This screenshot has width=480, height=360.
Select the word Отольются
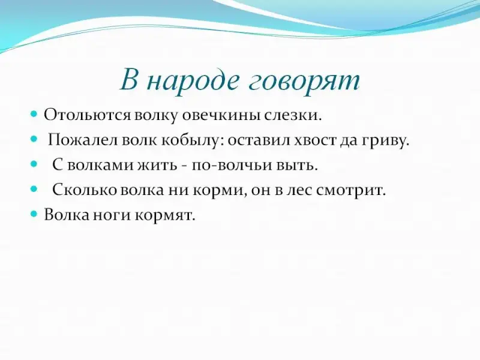pos(87,115)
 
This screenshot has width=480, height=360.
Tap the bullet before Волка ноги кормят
pos(34,214)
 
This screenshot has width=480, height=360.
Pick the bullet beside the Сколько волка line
pos(34,189)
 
